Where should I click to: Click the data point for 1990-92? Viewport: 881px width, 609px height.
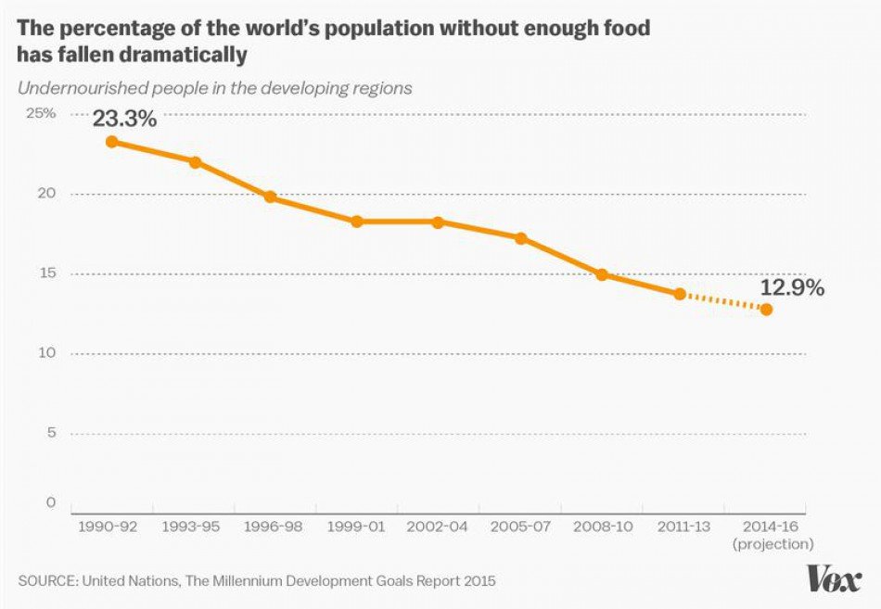tap(111, 142)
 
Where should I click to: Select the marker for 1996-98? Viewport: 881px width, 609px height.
tap(270, 197)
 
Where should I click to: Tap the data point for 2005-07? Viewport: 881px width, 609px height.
tap(521, 238)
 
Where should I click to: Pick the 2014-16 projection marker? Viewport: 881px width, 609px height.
tap(766, 310)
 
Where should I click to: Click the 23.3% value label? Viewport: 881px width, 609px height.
tap(124, 120)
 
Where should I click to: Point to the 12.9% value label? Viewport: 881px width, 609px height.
tap(792, 287)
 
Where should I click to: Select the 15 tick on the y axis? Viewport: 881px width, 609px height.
tap(46, 273)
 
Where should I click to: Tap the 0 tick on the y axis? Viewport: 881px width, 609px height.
tap(51, 502)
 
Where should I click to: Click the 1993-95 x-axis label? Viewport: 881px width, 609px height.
tap(191, 526)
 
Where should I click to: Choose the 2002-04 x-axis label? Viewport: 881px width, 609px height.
tap(438, 526)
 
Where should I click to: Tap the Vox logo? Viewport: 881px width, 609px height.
tap(835, 579)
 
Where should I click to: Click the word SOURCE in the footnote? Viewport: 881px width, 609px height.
tap(46, 581)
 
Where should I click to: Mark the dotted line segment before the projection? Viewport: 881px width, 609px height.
tap(723, 301)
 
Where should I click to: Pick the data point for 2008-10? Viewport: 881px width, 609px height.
tap(602, 274)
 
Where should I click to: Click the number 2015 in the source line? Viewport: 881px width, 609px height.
tap(479, 581)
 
